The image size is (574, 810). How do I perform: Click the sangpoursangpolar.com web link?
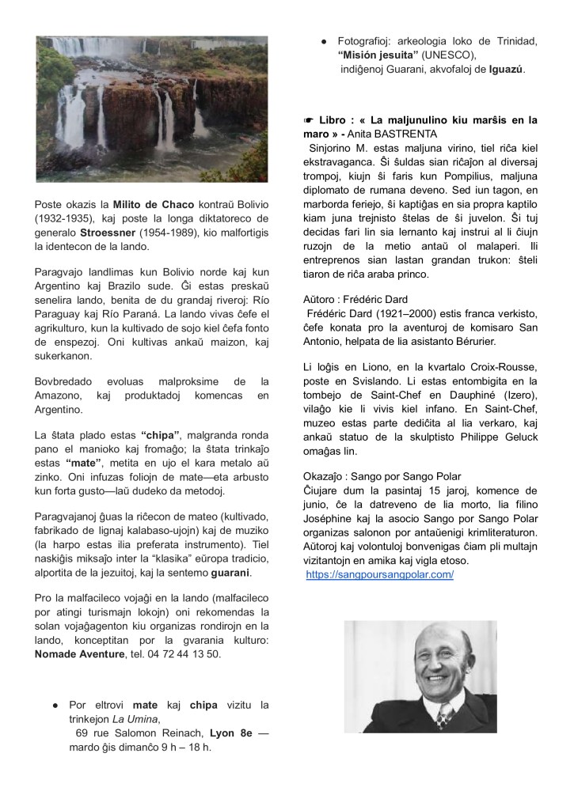click(380, 574)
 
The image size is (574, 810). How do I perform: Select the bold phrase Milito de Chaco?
click(150, 205)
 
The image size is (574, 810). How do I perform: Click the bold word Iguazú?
click(506, 70)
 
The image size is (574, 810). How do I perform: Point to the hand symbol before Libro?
click(310, 120)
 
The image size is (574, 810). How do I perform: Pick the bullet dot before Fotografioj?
click(324, 40)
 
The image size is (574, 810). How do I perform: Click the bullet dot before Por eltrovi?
click(55, 705)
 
